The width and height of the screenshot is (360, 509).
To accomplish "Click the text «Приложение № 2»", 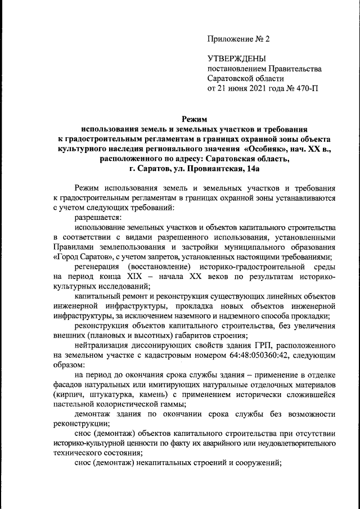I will (239, 39).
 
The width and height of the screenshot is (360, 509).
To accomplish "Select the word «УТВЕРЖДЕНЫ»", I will (236, 58).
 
